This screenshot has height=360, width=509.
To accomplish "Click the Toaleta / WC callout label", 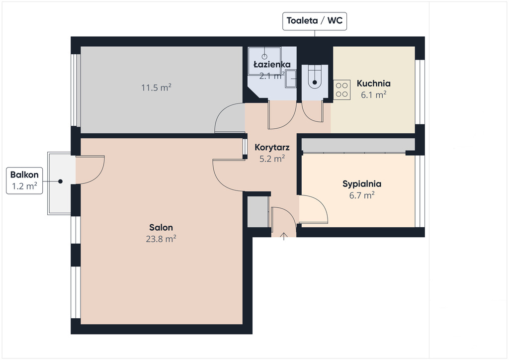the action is click(x=315, y=21).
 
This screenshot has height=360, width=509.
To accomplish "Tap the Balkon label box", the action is click(x=24, y=180).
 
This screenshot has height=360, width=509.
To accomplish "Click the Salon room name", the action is click(x=161, y=227).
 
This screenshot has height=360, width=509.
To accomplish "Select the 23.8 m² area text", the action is click(x=161, y=239).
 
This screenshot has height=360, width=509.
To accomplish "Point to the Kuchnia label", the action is click(x=374, y=84).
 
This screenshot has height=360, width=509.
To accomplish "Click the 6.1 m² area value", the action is click(x=374, y=95).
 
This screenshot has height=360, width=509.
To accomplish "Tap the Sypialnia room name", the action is click(x=362, y=184).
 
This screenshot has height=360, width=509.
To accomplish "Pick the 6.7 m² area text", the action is click(x=362, y=195).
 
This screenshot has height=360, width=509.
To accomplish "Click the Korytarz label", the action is click(x=272, y=147).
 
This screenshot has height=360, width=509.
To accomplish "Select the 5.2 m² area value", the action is click(x=272, y=159).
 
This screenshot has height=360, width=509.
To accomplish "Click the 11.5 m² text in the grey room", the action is click(x=156, y=88).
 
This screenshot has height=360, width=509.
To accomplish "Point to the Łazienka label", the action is click(x=272, y=64).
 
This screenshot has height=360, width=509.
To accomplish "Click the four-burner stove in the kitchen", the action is click(x=342, y=90).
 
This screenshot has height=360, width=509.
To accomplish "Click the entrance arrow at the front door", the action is click(x=284, y=236).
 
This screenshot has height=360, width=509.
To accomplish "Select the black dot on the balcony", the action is click(x=60, y=181).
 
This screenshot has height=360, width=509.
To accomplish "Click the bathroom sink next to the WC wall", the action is click(x=290, y=79).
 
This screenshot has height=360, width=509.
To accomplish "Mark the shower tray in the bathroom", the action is click(x=264, y=61).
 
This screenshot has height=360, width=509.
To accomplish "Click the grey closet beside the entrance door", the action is click(x=258, y=212).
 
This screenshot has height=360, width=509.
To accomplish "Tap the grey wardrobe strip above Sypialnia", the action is click(x=358, y=145).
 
